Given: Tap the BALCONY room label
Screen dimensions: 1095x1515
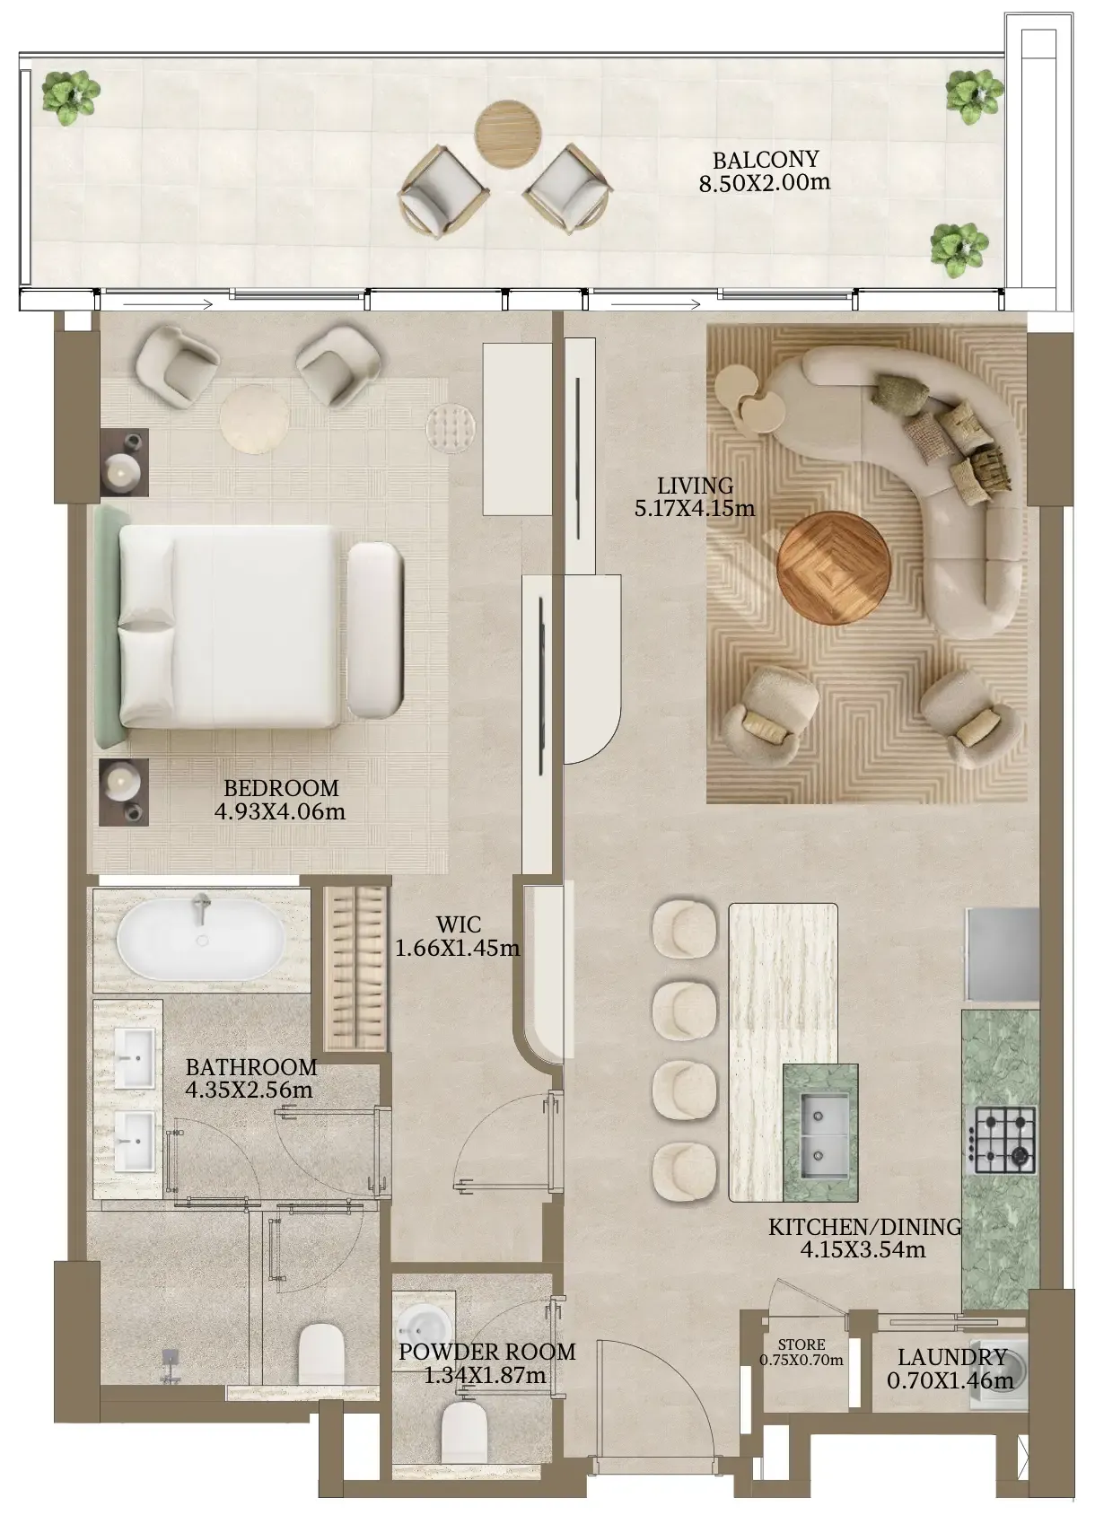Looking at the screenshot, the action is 766,161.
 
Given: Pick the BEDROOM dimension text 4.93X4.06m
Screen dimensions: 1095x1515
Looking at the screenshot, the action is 280,811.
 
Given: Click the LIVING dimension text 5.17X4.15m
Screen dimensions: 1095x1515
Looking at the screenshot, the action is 695,508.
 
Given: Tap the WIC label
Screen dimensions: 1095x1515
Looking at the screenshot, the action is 459,924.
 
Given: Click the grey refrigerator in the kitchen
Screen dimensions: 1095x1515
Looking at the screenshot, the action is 1003,954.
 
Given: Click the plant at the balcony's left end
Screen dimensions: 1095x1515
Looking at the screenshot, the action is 71,98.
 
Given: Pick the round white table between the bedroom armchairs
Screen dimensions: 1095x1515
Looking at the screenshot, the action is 255,418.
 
